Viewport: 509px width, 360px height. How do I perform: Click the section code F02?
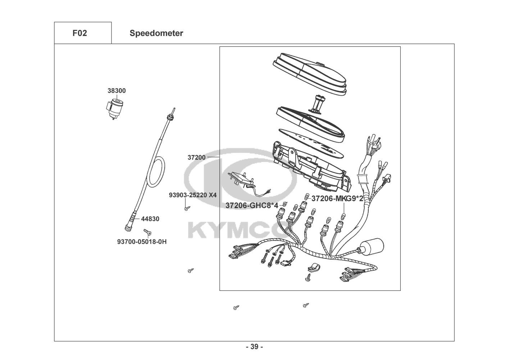pos(79,33)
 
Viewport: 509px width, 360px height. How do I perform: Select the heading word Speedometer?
pos(156,33)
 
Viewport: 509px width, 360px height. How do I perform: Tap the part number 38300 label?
pos(117,91)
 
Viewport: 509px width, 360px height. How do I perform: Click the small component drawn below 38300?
pos(114,108)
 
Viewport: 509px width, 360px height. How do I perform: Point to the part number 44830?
pos(150,219)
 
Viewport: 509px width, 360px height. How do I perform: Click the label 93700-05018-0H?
pos(142,242)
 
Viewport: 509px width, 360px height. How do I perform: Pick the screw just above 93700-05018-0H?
pos(148,232)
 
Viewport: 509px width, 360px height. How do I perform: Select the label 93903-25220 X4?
pos(193,195)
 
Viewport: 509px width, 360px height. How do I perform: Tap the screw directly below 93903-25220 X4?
pos(187,208)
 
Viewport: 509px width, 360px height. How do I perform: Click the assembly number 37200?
pos(196,157)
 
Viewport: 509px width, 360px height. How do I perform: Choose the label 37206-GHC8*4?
pos(252,206)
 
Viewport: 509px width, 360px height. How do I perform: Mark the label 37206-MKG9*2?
pos(337,198)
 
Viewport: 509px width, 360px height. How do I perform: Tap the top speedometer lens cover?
pos(309,74)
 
